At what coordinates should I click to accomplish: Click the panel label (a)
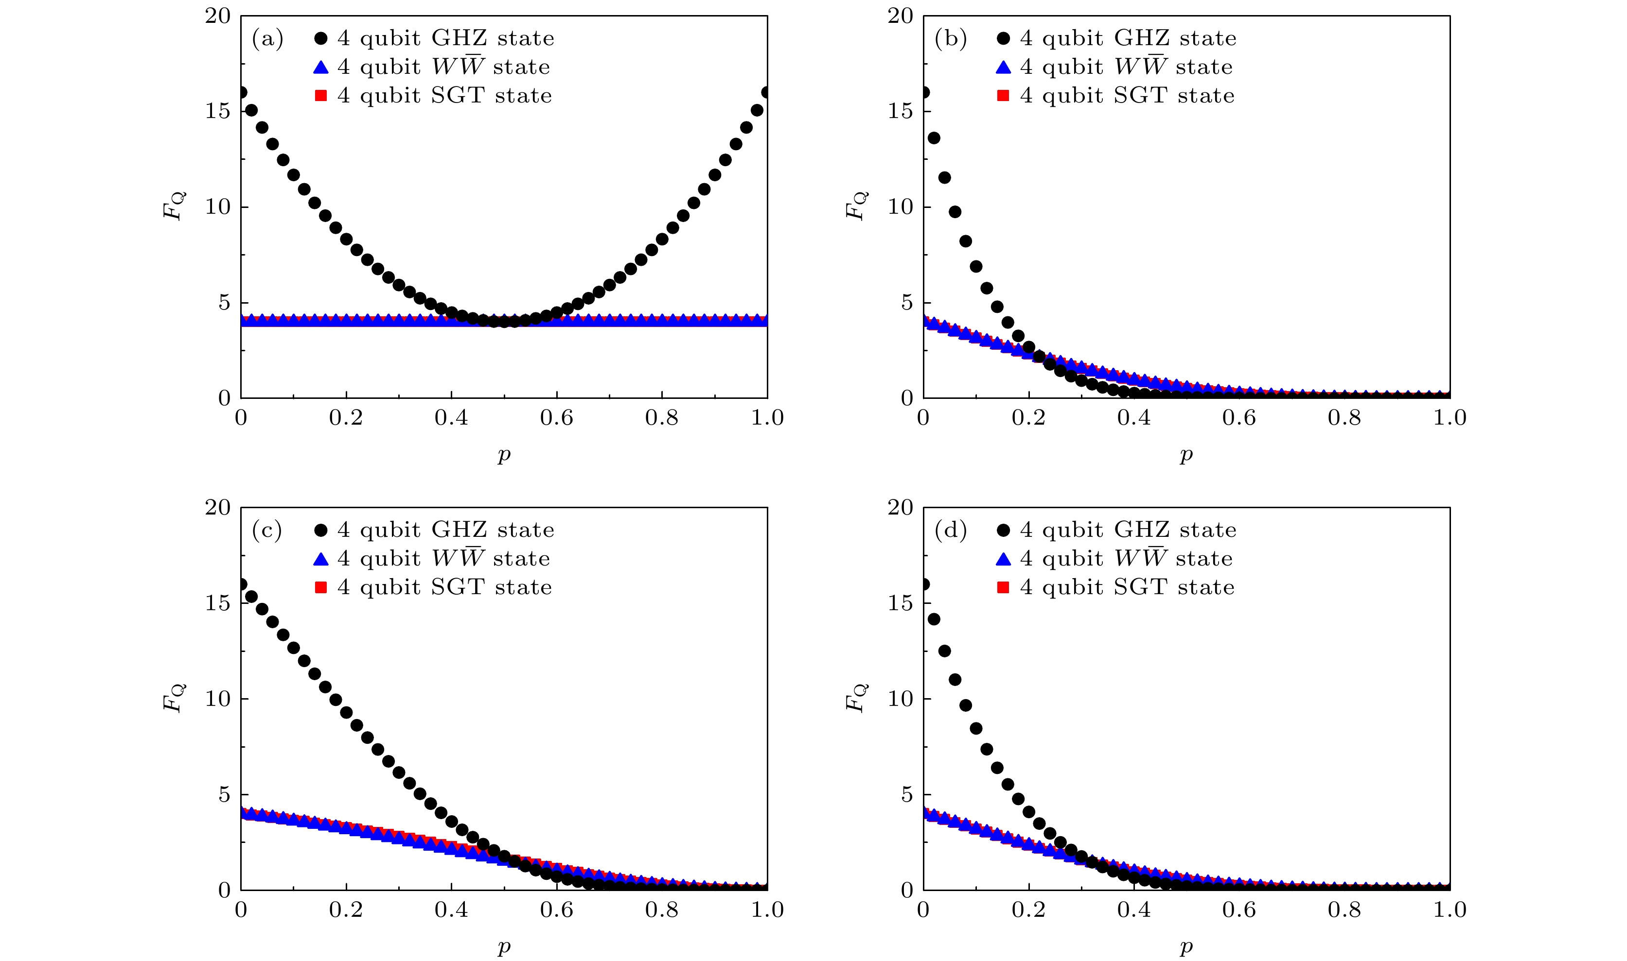click(x=267, y=39)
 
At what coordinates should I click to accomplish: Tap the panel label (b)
click(x=950, y=39)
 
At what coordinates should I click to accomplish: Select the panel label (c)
click(x=267, y=531)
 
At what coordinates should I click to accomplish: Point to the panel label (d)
click(x=950, y=531)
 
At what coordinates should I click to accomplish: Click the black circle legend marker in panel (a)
click(x=321, y=39)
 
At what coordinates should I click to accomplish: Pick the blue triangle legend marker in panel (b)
click(x=1003, y=68)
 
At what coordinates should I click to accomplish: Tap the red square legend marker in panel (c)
click(x=321, y=587)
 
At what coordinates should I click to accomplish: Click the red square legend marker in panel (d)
click(x=1003, y=587)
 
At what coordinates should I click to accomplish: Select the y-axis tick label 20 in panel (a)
click(x=218, y=16)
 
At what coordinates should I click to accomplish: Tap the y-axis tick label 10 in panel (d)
click(x=900, y=699)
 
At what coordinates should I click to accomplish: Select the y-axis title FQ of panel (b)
click(x=857, y=206)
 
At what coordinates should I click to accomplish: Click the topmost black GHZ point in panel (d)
click(x=924, y=584)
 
